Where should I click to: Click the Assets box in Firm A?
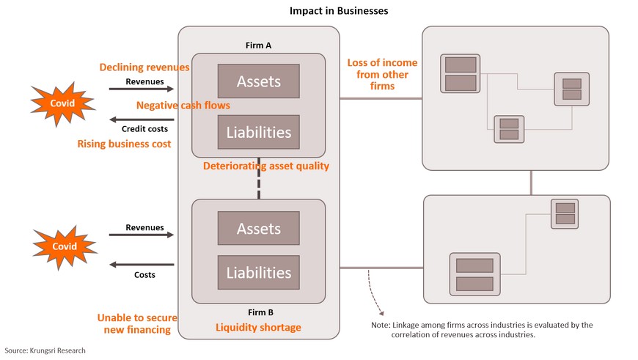click(259, 81)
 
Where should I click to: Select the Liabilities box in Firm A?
click(259, 132)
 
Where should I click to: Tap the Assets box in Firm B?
click(259, 228)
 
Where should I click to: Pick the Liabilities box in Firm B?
click(259, 272)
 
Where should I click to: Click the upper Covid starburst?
click(62, 103)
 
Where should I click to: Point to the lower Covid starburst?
click(65, 247)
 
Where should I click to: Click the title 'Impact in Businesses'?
click(339, 11)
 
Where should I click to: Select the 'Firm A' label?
click(258, 45)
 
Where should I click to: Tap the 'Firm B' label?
click(261, 312)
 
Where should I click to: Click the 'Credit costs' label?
click(145, 129)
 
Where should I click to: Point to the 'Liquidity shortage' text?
click(258, 328)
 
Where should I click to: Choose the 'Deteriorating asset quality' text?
click(266, 166)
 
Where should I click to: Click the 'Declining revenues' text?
click(144, 67)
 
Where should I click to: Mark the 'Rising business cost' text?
click(124, 144)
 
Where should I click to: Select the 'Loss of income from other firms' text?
click(383, 75)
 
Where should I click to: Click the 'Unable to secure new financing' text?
click(138, 324)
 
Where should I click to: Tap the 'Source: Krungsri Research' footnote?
click(45, 350)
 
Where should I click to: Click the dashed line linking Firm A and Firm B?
click(259, 178)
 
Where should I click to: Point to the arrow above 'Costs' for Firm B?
click(142, 265)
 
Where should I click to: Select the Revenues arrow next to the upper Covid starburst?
click(142, 89)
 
